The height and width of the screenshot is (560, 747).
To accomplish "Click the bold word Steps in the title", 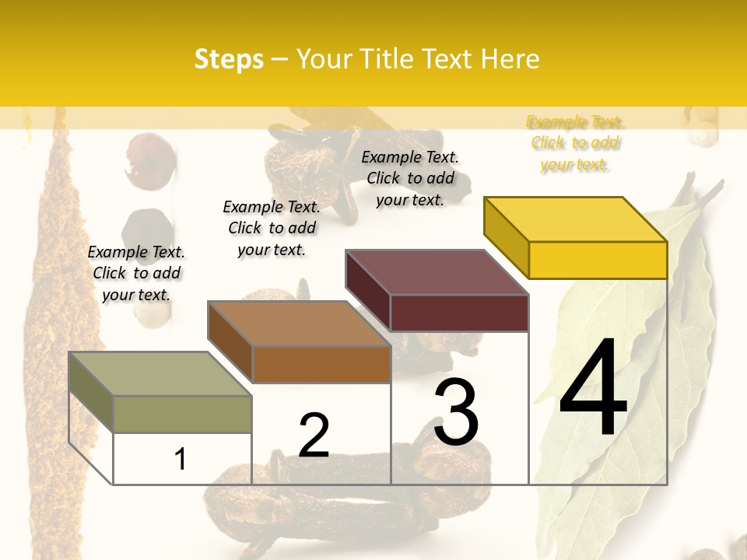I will point(229,59).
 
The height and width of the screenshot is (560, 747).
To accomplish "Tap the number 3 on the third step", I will point(456,412).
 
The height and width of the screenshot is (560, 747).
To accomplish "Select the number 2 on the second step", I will point(314,436).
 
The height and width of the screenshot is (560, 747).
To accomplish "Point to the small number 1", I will point(181,459).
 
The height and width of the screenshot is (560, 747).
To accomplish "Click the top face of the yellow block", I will point(576,219).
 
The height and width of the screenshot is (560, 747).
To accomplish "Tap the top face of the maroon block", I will point(437,272).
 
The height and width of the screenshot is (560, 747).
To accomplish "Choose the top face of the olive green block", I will point(160,374).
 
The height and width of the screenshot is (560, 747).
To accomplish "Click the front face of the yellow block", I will point(598,260).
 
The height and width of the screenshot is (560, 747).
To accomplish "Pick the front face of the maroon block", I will point(459,313).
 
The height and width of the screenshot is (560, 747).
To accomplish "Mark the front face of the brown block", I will point(321,364).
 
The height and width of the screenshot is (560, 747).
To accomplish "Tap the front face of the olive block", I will point(182,414).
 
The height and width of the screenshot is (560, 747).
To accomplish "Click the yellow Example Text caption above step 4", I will point(575,143).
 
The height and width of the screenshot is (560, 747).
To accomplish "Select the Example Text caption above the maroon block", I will point(410,178).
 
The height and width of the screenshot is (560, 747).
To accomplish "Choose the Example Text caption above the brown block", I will point(272,228).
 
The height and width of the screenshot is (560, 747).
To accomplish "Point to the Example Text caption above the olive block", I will point(136,273).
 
